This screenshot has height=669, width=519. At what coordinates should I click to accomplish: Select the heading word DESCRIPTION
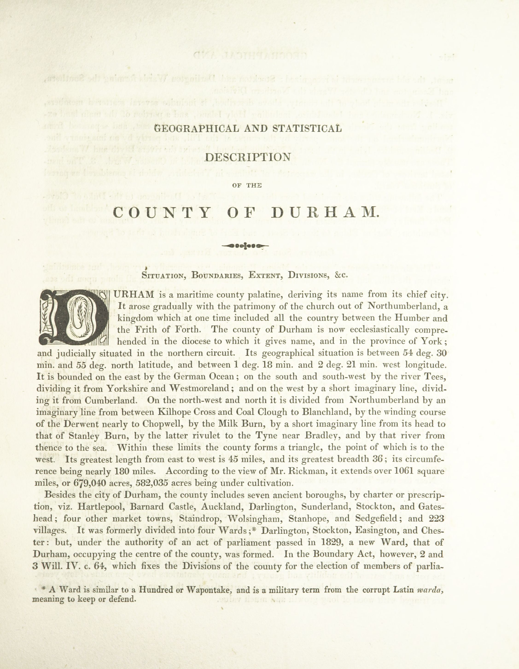click(x=248, y=157)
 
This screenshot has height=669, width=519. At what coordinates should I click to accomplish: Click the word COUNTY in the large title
click(x=162, y=213)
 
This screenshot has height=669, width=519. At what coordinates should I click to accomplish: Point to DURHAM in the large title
click(x=325, y=213)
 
